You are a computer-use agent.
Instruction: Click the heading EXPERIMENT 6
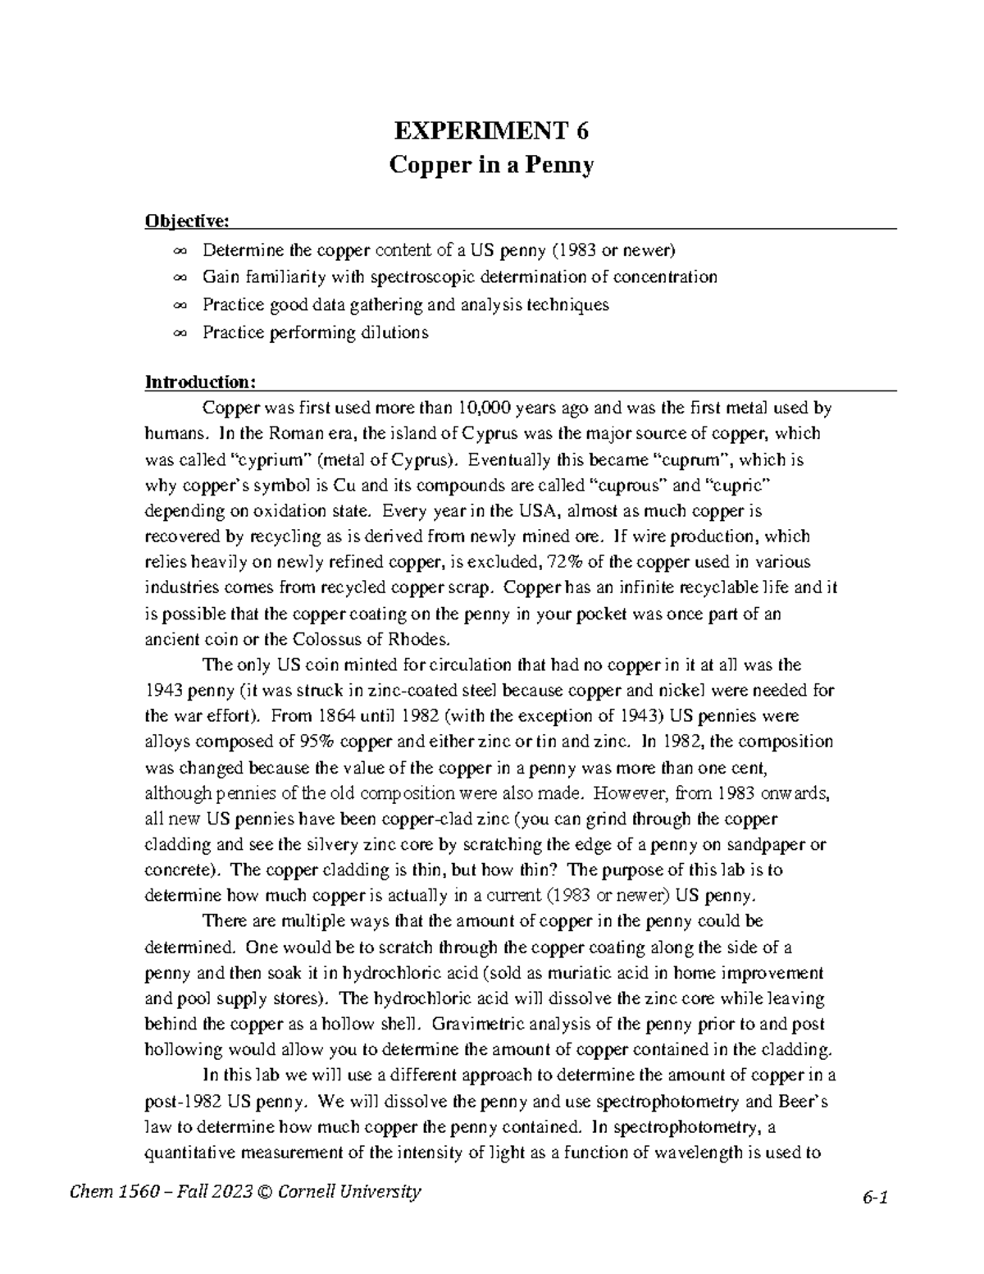point(491,130)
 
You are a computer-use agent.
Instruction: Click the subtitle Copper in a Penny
point(491,166)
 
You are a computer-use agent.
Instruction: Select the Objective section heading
point(187,221)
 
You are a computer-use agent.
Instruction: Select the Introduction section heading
point(201,382)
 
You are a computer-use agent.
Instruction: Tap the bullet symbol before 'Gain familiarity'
point(180,277)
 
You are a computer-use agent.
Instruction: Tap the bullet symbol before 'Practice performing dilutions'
point(180,333)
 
